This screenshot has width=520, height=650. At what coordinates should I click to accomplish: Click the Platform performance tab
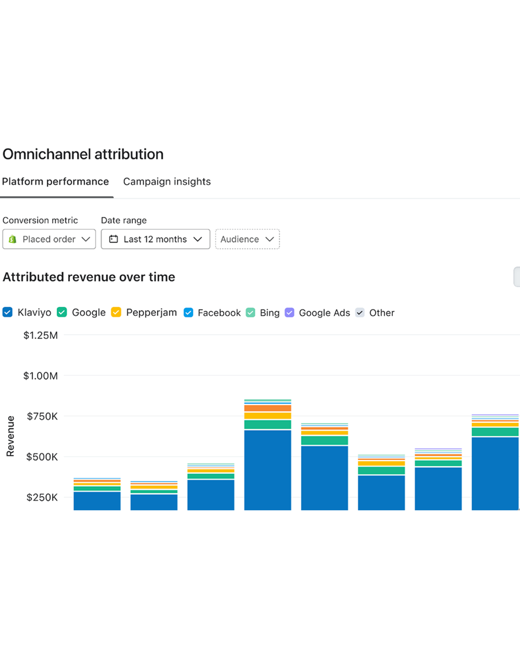click(55, 181)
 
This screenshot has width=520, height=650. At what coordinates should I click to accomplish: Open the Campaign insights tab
click(167, 181)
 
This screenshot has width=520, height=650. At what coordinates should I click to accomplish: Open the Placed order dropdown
click(49, 239)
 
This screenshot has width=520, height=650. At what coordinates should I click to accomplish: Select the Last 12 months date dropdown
click(155, 239)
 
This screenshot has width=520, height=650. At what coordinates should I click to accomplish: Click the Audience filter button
click(247, 239)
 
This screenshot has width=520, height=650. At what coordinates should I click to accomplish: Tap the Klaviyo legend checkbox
click(7, 312)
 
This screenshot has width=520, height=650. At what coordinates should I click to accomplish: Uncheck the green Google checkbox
click(62, 312)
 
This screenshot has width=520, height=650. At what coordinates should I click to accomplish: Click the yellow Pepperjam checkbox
click(116, 312)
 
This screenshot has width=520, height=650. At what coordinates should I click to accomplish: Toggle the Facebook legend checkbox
click(188, 313)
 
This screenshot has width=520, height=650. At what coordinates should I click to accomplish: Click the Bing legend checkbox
click(251, 313)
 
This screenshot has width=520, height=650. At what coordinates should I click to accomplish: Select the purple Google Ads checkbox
click(290, 313)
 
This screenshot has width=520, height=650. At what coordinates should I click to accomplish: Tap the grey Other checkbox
click(360, 313)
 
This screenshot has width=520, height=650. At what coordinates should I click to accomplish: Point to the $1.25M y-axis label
click(41, 335)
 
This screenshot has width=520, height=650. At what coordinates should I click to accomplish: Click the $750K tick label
click(42, 416)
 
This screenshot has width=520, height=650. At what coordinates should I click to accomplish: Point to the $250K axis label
click(42, 497)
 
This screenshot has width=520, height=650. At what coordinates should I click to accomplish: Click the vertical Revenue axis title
click(10, 436)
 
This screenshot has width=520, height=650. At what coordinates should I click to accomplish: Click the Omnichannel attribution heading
click(83, 154)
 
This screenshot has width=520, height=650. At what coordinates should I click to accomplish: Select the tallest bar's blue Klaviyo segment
click(268, 470)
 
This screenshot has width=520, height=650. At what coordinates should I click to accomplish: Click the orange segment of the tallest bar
click(268, 408)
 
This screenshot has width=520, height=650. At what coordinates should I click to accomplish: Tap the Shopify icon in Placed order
click(13, 239)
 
